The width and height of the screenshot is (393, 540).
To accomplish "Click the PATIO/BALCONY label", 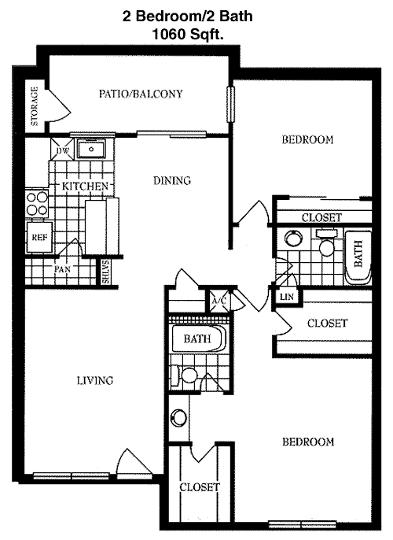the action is point(141,94).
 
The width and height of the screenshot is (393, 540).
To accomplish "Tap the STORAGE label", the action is point(35,106).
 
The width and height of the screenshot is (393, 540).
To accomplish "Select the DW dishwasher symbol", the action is point(62,149).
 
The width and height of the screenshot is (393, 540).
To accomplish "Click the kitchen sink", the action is point(91,149).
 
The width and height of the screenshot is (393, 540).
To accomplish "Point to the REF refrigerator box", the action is point(39,237).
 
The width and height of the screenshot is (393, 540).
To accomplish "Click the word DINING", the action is point(172,180).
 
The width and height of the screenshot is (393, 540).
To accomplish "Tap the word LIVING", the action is point(95,380).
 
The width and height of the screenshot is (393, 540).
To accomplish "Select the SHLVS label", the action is point(105,272).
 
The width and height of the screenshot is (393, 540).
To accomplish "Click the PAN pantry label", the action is point(62,269).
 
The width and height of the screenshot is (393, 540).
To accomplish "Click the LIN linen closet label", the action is point(287,297).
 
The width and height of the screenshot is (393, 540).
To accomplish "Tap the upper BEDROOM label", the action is point(308,139).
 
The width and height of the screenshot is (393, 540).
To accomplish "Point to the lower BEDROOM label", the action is point(308,442).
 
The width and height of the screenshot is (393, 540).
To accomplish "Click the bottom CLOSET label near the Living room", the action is point(200,487).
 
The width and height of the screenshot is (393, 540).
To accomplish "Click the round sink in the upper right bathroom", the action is point(294,239).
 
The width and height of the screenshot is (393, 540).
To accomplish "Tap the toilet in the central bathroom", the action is point(185,375).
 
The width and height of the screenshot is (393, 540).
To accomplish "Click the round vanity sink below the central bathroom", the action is point(178,417).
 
